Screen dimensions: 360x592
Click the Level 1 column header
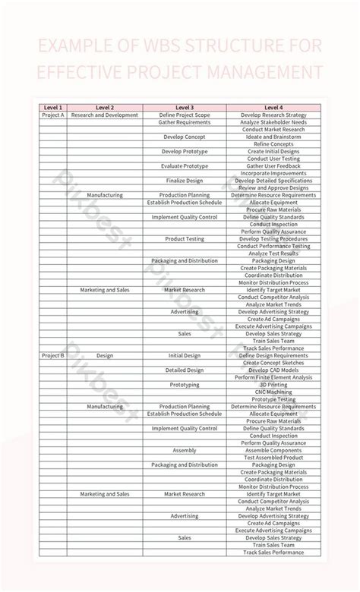[x=53, y=108]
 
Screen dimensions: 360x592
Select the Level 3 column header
[x=184, y=108]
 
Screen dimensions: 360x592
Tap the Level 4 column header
[x=273, y=108]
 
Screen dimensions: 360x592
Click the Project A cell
[x=53, y=115]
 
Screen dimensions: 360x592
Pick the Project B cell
[x=53, y=355]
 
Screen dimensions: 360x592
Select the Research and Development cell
[x=105, y=115]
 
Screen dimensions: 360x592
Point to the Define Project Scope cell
[x=184, y=115]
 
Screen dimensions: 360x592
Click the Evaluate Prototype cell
[x=184, y=165]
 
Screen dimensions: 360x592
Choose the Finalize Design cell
[x=184, y=181]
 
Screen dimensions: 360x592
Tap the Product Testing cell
[x=184, y=239]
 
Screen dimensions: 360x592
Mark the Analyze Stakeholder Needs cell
[x=273, y=122]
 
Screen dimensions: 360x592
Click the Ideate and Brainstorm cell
[x=273, y=137]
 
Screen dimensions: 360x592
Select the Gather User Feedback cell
[x=273, y=165]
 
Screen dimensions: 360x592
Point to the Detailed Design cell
[x=184, y=370]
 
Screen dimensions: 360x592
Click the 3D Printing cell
[x=273, y=384]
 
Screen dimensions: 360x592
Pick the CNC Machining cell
[x=273, y=392]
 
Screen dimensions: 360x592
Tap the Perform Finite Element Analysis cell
[x=273, y=377]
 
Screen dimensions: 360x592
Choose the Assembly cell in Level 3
[x=184, y=450]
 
